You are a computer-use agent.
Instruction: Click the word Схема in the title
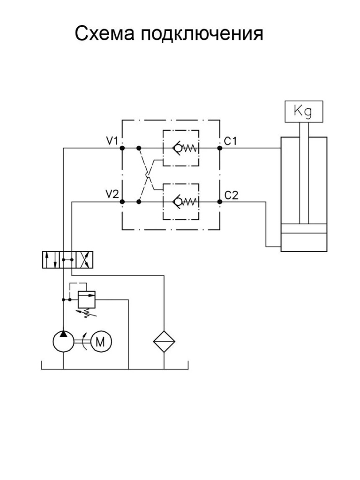point(105,33)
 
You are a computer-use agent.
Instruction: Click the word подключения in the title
point(202,34)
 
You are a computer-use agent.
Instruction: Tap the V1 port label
point(112,141)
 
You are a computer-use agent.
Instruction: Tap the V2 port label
point(112,194)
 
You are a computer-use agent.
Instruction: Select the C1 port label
point(230,141)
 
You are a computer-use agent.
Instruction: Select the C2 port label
point(231,195)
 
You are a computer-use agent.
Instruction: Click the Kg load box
point(304,112)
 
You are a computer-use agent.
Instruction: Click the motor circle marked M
point(100,341)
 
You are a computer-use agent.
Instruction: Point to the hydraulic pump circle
point(63,341)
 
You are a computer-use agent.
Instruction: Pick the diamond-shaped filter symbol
point(164,341)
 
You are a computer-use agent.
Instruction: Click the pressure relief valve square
point(87,300)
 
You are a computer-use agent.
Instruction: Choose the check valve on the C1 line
point(181,148)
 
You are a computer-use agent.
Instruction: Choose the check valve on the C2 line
point(181,202)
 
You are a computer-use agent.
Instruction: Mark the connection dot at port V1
point(122,148)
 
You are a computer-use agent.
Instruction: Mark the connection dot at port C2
point(219,202)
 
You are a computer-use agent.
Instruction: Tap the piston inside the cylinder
point(304,228)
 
